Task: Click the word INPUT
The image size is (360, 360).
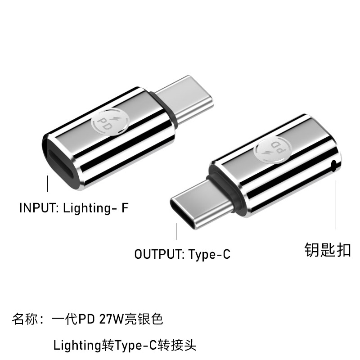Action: point(37,208)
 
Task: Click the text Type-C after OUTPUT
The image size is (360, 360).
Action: point(210,254)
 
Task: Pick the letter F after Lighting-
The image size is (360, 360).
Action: point(126,208)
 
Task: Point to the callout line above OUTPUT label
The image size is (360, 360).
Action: point(176,232)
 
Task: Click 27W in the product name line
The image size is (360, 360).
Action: point(113,320)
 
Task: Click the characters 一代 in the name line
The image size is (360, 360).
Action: point(64,320)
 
